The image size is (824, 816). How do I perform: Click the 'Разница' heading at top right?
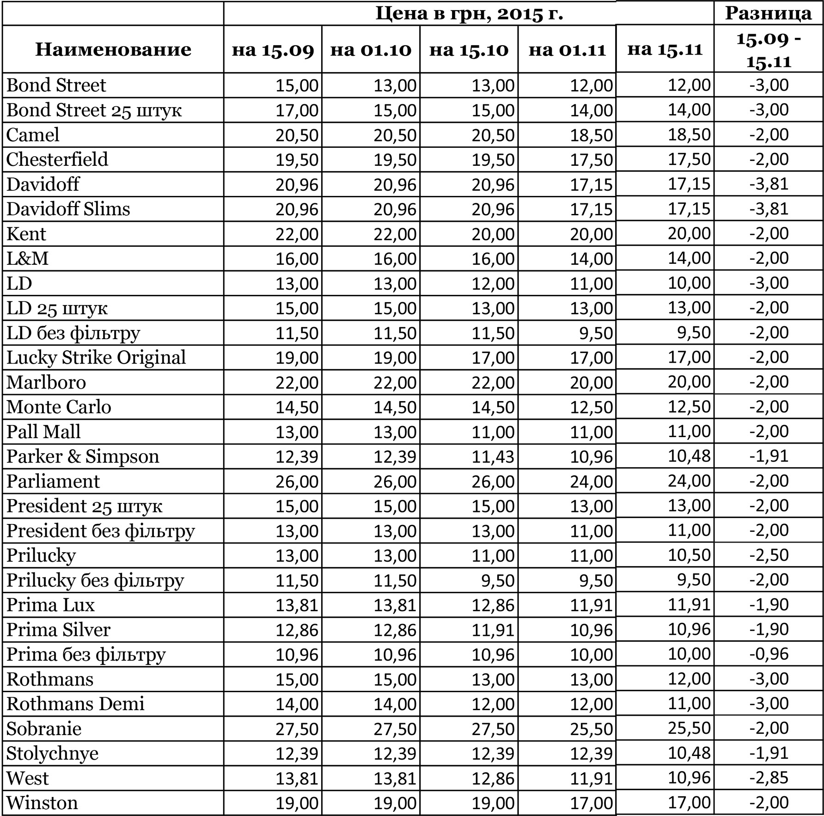(768, 13)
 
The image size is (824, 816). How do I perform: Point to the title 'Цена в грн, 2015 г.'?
(469, 13)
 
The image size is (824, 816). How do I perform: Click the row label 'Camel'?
(33, 135)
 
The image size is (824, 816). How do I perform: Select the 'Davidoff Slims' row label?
(68, 209)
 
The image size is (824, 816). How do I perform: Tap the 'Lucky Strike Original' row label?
(96, 358)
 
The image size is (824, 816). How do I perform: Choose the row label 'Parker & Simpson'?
(83, 457)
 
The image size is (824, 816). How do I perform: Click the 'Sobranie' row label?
(44, 729)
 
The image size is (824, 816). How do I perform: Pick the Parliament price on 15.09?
(297, 481)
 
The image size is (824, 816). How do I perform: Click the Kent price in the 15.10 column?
(493, 234)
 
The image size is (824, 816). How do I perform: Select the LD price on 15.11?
(689, 283)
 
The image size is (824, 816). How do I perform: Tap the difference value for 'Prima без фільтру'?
(769, 654)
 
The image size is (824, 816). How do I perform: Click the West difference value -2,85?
(769, 778)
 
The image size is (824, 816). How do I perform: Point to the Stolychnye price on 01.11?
(591, 754)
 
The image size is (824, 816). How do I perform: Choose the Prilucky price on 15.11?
(689, 555)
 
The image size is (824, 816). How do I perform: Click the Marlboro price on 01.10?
(395, 383)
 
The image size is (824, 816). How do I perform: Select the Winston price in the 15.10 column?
(493, 803)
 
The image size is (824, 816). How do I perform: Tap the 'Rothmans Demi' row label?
(75, 704)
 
